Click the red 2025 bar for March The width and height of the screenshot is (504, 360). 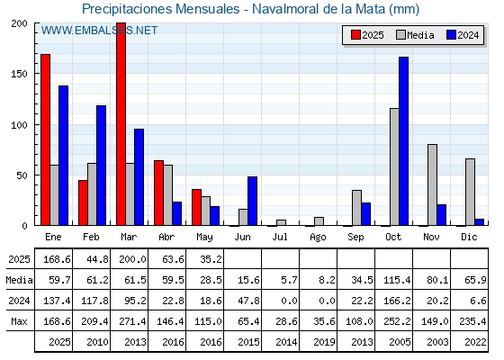[x=121, y=124]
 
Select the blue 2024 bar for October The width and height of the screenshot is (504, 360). [x=404, y=141]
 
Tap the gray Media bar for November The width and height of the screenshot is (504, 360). [x=432, y=184]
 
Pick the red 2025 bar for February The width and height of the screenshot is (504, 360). [x=83, y=202]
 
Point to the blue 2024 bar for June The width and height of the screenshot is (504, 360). [x=252, y=201]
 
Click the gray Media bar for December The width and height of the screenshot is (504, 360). [x=470, y=192]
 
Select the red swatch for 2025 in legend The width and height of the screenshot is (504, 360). [x=355, y=35]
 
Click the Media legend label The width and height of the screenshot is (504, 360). [x=420, y=35]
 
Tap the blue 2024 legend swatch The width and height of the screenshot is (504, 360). [x=451, y=35]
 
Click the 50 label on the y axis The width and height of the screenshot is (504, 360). [x=22, y=175]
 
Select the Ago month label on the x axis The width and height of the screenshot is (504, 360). [x=318, y=238]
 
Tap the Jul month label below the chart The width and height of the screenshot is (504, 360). [x=280, y=237]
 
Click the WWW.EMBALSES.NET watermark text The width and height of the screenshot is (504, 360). [x=99, y=31]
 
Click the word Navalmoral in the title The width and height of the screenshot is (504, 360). [x=286, y=9]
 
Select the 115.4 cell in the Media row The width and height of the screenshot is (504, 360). [x=397, y=280]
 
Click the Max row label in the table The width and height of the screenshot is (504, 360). [x=19, y=321]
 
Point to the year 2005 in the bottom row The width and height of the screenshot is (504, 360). [x=400, y=342]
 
